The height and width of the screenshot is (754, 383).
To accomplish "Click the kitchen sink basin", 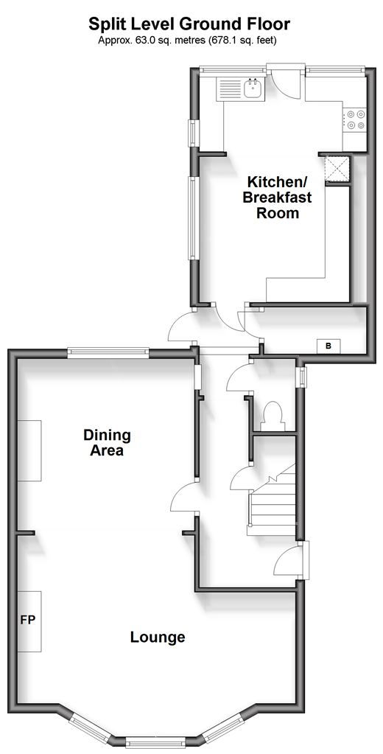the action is pyautogui.click(x=253, y=88).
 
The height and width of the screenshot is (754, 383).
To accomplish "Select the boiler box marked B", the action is pyautogui.click(x=328, y=345).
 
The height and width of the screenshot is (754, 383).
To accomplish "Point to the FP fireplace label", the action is pyautogui.click(x=28, y=620).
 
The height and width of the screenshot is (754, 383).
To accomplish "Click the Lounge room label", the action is pyautogui.click(x=158, y=637).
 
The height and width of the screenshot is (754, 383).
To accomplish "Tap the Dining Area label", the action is pyautogui.click(x=107, y=443).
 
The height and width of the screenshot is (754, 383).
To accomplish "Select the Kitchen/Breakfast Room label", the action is pyautogui.click(x=277, y=197).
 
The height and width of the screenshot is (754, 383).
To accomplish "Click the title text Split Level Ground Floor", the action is pyautogui.click(x=189, y=23).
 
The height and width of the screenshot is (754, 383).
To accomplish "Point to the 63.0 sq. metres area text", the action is pyautogui.click(x=158, y=41).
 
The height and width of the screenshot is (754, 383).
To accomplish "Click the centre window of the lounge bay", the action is pyautogui.click(x=155, y=742).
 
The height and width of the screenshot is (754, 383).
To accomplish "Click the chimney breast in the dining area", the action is pyautogui.click(x=29, y=450).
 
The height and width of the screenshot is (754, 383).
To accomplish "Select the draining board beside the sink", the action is pyautogui.click(x=231, y=89).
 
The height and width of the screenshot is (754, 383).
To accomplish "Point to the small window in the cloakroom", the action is pyautogui.click(x=302, y=377).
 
